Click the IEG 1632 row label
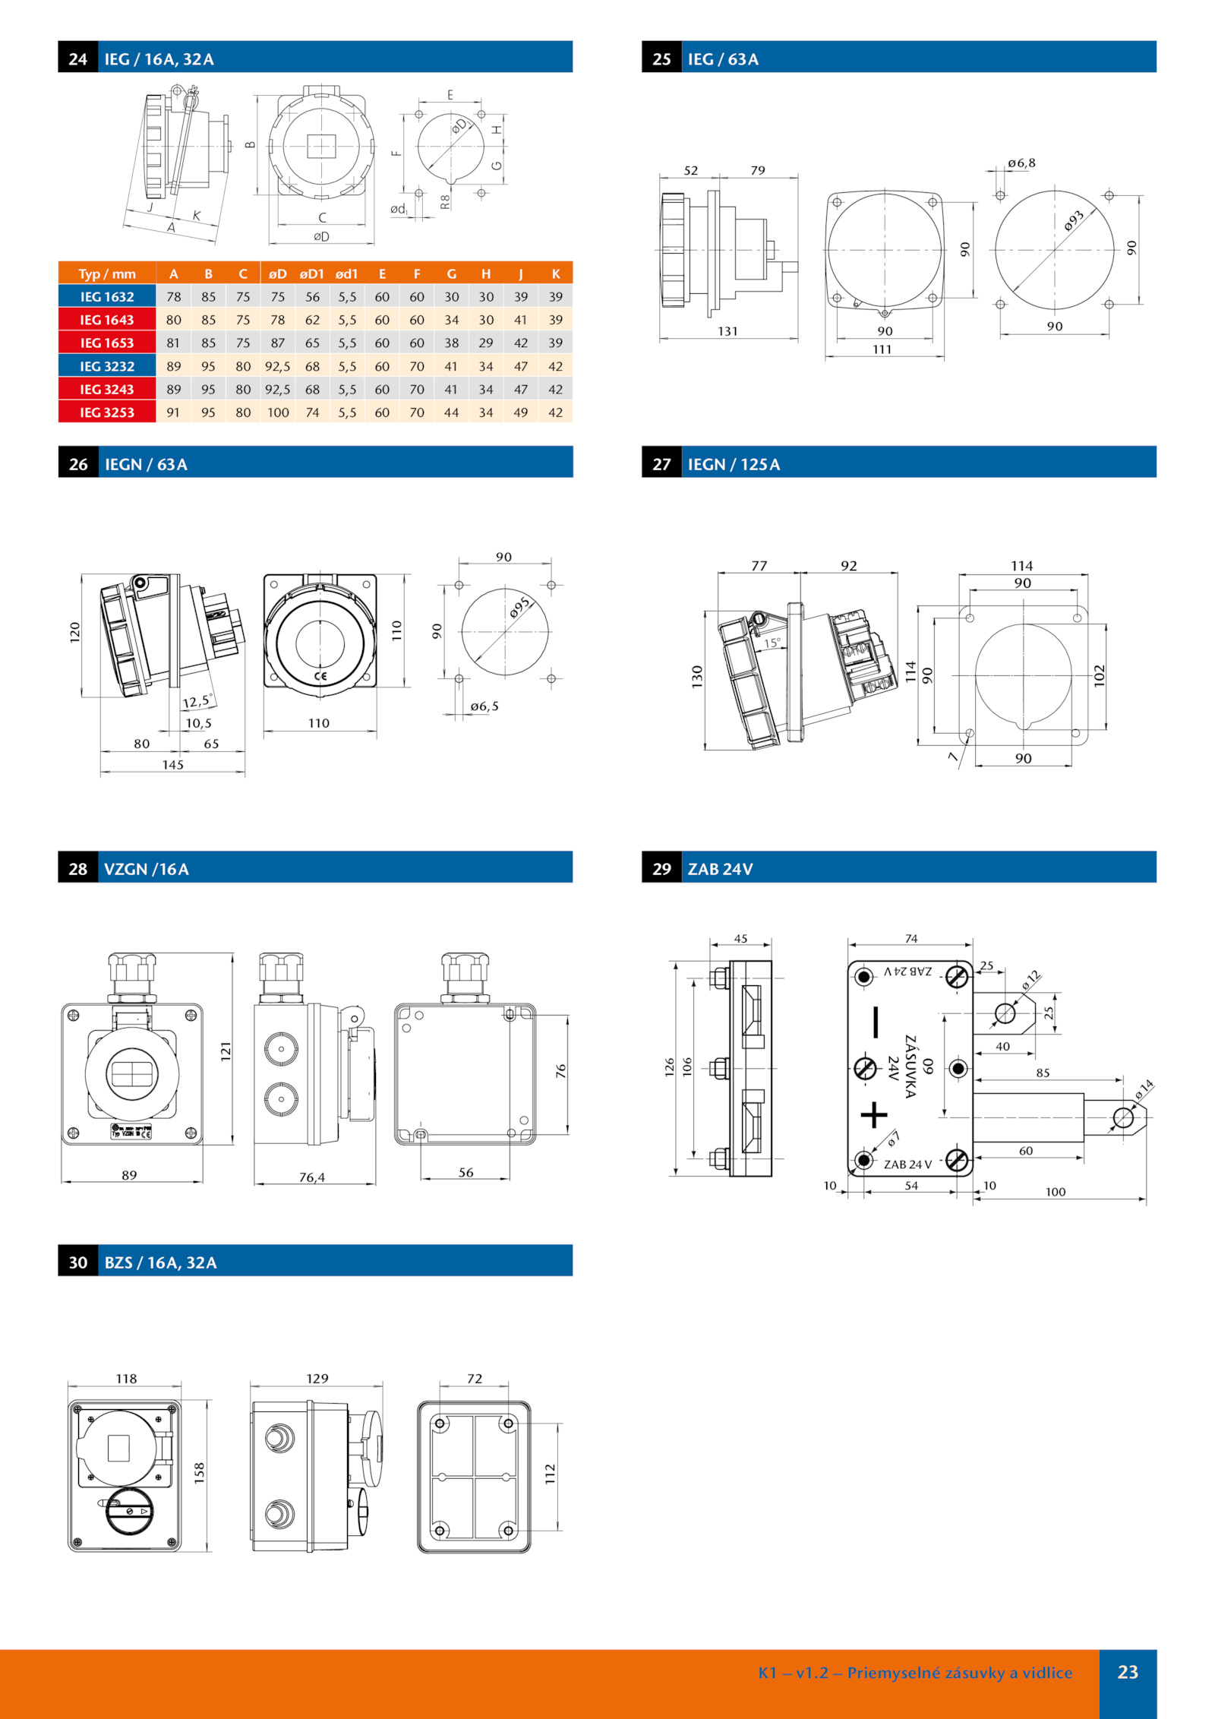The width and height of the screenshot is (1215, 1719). click(107, 297)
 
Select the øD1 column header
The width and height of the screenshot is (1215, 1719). click(312, 274)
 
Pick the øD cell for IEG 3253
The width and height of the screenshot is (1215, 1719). click(278, 412)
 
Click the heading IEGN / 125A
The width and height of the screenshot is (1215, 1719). click(734, 464)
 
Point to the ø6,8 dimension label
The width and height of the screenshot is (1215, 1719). click(1021, 163)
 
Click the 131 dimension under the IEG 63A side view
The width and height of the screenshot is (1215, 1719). click(727, 331)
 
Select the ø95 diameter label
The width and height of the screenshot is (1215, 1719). click(520, 607)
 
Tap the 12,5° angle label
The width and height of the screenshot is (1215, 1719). click(197, 701)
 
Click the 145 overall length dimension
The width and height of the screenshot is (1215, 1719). click(172, 765)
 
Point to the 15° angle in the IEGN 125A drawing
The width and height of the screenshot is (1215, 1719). click(772, 643)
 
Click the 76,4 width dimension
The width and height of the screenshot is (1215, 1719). click(311, 1177)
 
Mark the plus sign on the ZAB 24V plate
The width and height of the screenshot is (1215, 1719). click(874, 1114)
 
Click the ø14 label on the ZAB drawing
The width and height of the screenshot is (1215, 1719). click(1144, 1089)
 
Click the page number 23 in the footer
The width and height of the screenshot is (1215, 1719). click(1128, 1671)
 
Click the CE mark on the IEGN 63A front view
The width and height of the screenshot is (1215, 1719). click(320, 676)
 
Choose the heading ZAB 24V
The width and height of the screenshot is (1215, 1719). click(720, 869)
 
